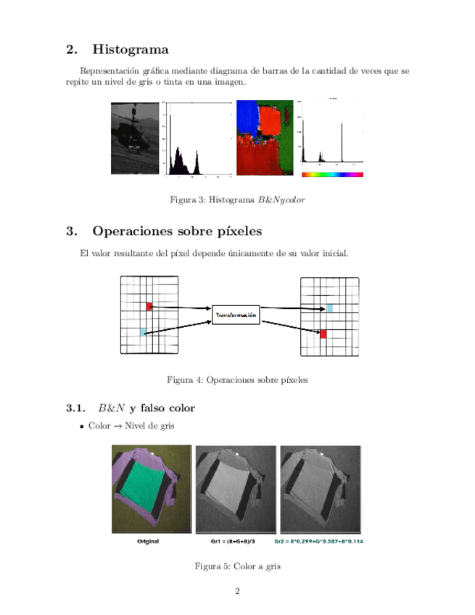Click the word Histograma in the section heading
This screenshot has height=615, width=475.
[131, 50]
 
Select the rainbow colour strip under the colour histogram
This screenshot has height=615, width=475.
[331, 175]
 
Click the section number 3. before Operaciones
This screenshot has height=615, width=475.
[71, 232]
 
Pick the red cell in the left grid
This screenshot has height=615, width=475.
[149, 307]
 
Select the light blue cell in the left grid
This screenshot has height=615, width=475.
[144, 331]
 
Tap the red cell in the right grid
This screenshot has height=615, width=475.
[323, 334]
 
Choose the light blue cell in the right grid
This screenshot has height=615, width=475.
[330, 308]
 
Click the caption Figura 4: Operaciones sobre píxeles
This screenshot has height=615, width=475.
[237, 379]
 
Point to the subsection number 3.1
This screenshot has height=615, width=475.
[76, 408]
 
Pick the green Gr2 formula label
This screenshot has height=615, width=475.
[320, 542]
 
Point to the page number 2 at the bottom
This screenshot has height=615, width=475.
[237, 592]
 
